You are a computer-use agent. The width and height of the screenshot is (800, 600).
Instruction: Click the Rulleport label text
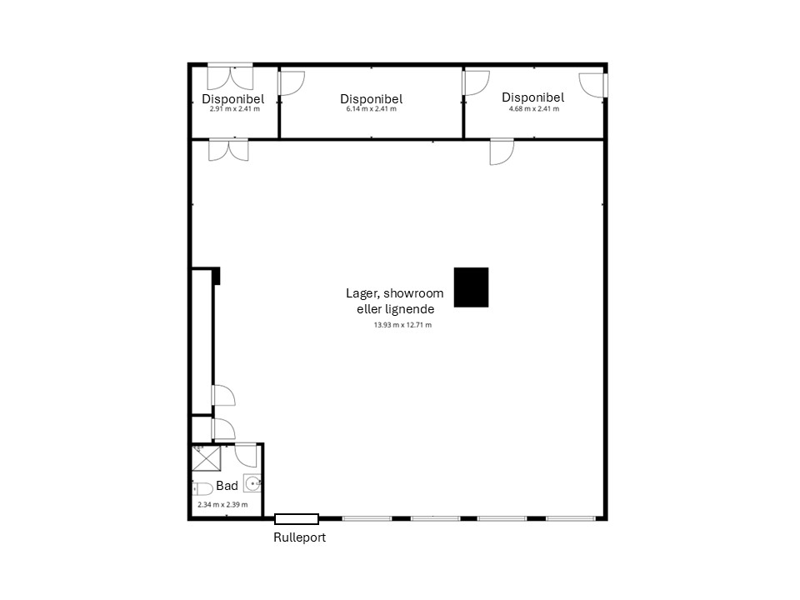coord(299,537)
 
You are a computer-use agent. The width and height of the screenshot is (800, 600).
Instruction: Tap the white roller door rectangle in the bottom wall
coord(297,519)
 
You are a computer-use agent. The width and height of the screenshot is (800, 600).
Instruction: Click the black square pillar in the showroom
coord(471,287)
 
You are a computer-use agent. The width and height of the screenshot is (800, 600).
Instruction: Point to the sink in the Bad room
coord(252,483)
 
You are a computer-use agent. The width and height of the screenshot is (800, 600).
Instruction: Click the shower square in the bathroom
coord(206,458)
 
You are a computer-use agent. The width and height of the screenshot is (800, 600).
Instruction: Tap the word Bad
coord(227,486)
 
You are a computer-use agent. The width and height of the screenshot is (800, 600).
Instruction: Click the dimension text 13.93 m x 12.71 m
coord(402,324)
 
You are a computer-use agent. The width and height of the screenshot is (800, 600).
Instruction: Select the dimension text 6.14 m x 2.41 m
coord(371,108)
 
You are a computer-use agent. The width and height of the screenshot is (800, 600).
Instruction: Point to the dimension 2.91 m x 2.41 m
coord(235,108)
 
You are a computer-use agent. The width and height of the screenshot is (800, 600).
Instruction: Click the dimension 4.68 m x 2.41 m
coord(533,108)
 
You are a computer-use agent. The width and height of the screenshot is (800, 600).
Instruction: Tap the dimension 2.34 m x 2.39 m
coord(223,505)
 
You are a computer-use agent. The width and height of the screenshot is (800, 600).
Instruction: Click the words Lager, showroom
coord(394,293)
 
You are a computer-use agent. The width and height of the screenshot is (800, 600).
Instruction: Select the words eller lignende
coord(395,309)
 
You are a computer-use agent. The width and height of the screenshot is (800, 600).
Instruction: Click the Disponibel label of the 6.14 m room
coord(372,99)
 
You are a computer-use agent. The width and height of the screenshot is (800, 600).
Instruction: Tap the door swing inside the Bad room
coord(246,456)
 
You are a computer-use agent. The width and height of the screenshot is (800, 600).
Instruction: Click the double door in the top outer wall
coord(230,77)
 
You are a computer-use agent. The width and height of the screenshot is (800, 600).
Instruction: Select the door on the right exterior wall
coord(592,85)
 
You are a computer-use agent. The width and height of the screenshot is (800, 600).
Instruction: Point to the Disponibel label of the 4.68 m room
coord(533,97)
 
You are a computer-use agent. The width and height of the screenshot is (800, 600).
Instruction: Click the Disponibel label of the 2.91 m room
coord(233,99)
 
